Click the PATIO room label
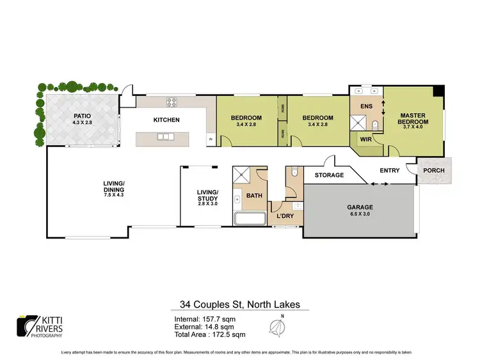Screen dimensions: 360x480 [82, 116]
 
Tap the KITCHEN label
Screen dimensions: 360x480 [166, 120]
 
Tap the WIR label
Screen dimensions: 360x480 [366, 138]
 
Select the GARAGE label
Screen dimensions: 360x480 [360, 208]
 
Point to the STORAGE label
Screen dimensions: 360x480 [328, 175]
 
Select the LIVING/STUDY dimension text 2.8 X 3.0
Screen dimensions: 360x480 [207, 203]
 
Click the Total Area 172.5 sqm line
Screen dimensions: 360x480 [209, 334]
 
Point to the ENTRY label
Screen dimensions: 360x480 [390, 170]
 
